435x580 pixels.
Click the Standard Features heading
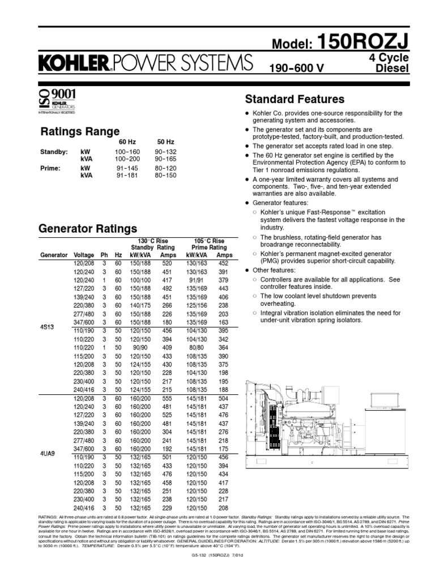(294, 99)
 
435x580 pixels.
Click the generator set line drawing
(325, 423)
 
